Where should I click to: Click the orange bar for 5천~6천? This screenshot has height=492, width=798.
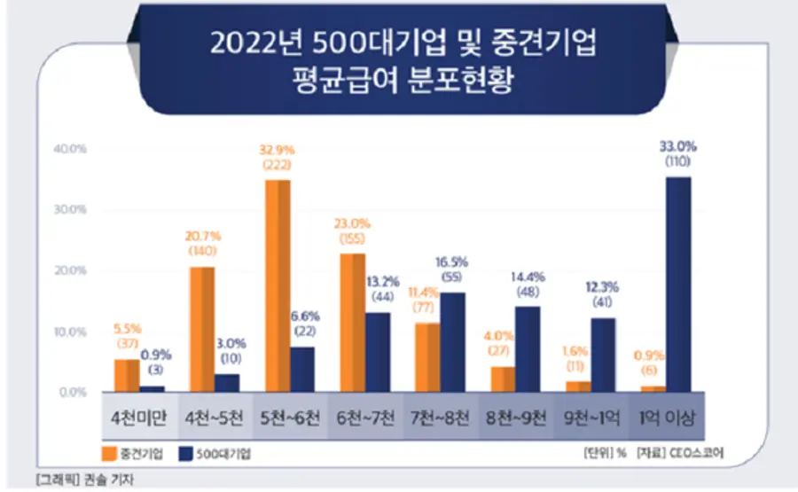pyautogui.click(x=278, y=285)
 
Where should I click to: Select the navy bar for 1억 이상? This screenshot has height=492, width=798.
pyautogui.click(x=678, y=284)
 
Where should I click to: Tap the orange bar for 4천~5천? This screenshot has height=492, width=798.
pyautogui.click(x=201, y=328)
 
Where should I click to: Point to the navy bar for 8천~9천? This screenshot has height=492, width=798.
pyautogui.click(x=528, y=348)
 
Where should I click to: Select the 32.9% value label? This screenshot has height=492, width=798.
pyautogui.click(x=278, y=152)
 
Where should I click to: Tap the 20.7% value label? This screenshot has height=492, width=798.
pyautogui.click(x=202, y=238)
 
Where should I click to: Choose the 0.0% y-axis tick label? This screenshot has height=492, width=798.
pyautogui.click(x=71, y=392)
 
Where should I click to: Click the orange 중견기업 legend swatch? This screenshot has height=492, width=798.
pyautogui.click(x=113, y=451)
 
